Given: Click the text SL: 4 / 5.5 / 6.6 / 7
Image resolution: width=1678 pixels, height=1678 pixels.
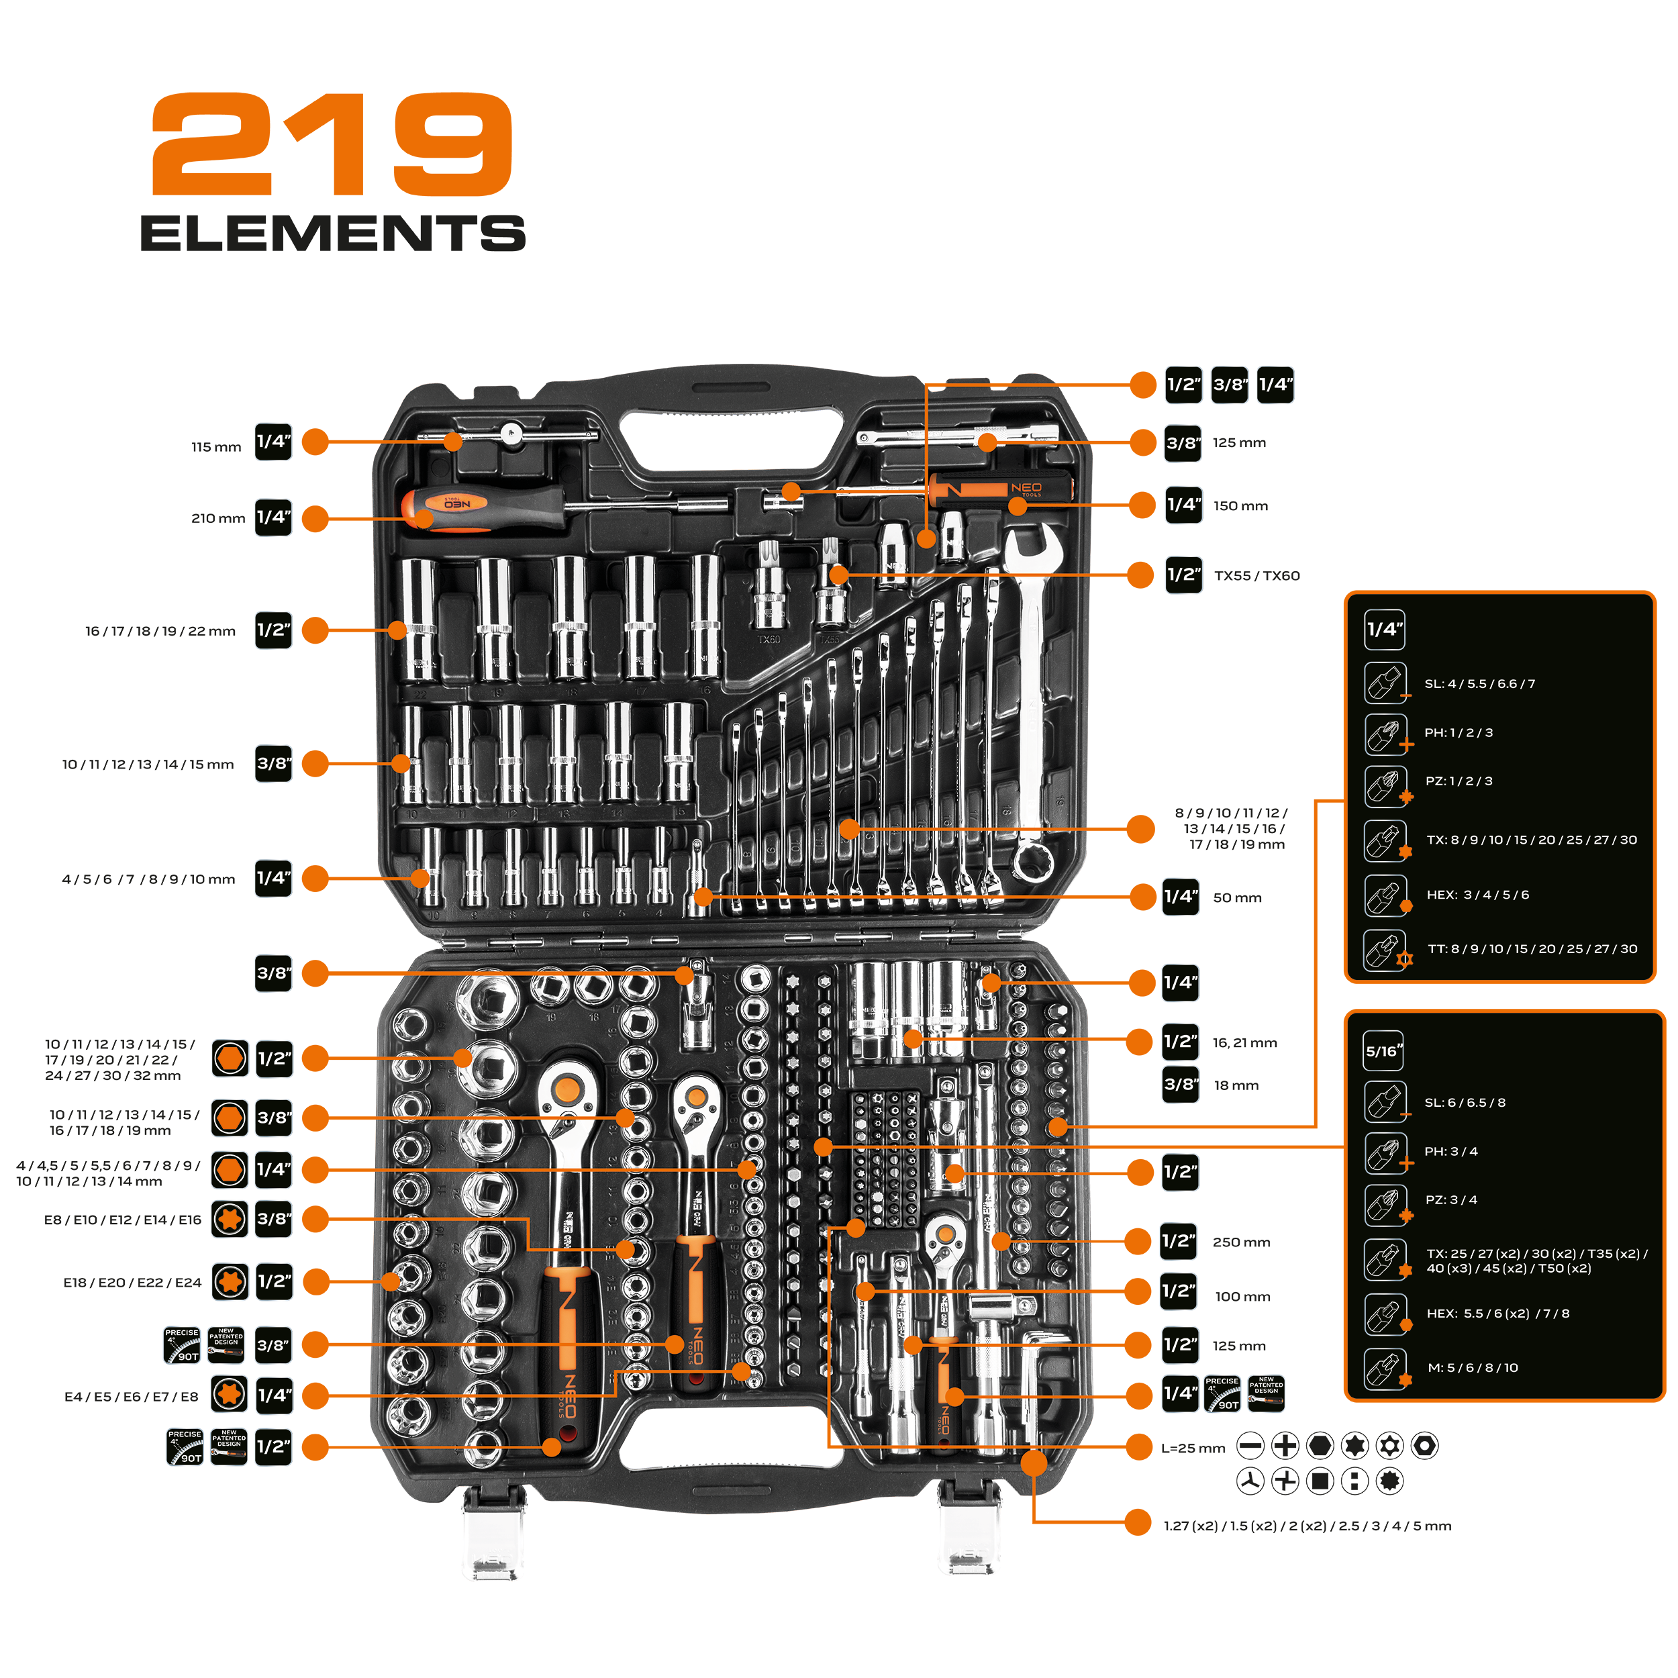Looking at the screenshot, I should pos(1479,683).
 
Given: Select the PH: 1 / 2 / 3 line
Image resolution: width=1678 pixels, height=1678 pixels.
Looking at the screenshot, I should pos(1459,732).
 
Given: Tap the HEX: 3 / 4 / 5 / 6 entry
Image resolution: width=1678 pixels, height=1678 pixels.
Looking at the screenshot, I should pos(1477,895).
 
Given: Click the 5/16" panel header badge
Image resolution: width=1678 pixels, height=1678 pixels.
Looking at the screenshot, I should pos(1383,1051).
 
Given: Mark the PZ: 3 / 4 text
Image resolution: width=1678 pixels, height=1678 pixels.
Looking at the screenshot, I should pos(1450,1199).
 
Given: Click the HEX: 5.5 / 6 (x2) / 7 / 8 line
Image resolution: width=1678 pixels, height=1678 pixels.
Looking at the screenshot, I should pos(1497,1314).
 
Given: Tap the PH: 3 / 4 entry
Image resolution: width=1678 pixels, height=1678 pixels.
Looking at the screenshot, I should pos(1450,1151).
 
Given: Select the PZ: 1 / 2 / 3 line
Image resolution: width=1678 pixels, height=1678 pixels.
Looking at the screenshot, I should pos(1459,781).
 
